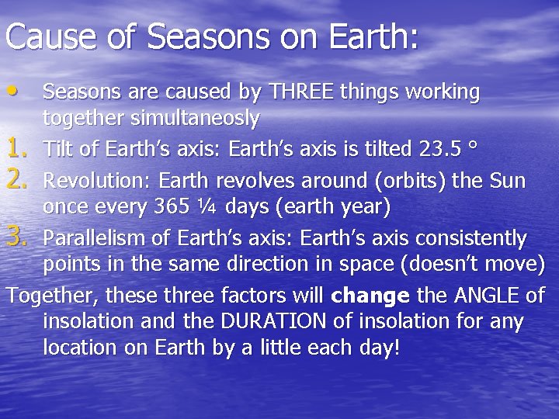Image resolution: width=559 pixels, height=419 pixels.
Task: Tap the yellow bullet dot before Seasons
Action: pyautogui.click(x=16, y=90)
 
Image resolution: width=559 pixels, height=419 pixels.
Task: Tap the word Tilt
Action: pyautogui.click(x=59, y=147)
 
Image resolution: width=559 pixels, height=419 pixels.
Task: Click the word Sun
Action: pyautogui.click(x=508, y=181)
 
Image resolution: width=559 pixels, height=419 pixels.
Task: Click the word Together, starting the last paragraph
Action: pyautogui.click(x=53, y=296)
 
